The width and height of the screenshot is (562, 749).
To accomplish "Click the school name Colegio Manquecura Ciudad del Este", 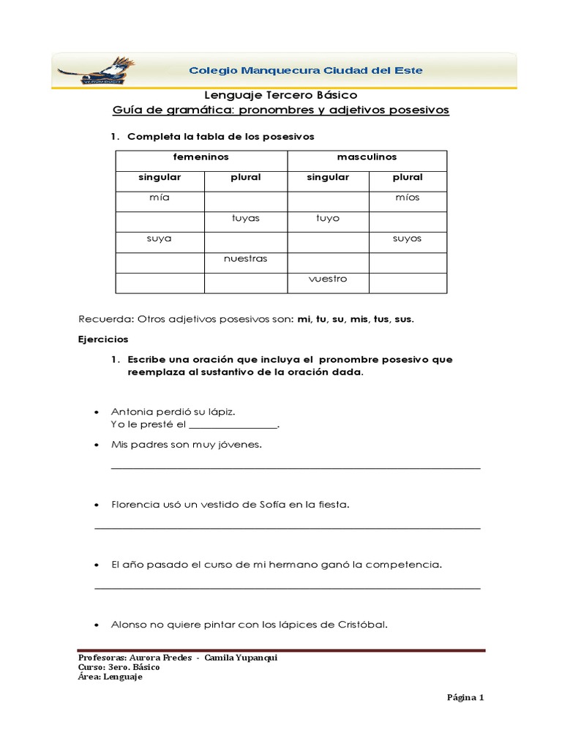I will [305, 71].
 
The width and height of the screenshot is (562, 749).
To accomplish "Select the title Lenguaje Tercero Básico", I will [280, 95].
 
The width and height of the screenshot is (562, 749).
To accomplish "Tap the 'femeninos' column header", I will [201, 157].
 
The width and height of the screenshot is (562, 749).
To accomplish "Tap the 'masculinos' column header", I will [367, 157].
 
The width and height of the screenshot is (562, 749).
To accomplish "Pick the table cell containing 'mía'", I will [159, 198].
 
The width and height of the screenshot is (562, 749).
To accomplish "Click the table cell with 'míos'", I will [407, 198].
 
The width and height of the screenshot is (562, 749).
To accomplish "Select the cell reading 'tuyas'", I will [245, 219].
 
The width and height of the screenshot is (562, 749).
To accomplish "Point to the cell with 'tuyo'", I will [327, 219].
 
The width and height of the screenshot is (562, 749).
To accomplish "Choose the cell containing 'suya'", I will [159, 238].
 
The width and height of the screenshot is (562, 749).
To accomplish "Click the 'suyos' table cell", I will [407, 238].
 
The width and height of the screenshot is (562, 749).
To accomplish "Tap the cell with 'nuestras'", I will [245, 259].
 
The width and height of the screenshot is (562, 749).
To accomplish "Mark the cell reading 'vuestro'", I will [327, 279].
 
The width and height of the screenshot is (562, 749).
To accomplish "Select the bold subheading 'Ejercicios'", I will [103, 339].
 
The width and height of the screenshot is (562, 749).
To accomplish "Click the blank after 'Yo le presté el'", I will [233, 425].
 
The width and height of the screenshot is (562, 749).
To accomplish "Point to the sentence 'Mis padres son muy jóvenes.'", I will [186, 445].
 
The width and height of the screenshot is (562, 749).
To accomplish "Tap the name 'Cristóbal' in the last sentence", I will [361, 625].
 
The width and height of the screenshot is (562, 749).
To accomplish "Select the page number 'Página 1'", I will [465, 697].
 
